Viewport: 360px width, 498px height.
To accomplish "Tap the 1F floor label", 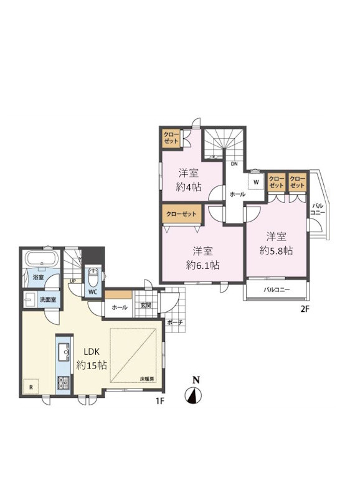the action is pyautogui.click(x=159, y=401).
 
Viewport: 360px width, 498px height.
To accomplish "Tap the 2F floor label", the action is pyautogui.click(x=305, y=309).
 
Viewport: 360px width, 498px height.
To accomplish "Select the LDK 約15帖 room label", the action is pyautogui.click(x=92, y=359).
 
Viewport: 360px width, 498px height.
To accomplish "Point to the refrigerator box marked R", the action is pyautogui.click(x=31, y=387).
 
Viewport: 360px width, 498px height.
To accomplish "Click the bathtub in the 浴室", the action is pyautogui.click(x=42, y=259).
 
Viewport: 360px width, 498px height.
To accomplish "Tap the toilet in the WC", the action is pyautogui.click(x=93, y=278).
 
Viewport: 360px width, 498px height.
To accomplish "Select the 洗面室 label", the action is pyautogui.click(x=48, y=299).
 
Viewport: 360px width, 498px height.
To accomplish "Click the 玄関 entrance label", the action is pyautogui.click(x=146, y=305).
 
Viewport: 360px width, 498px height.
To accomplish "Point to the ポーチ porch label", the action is pyautogui.click(x=175, y=322).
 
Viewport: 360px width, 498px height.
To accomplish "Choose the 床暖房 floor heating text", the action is pyautogui.click(x=147, y=378).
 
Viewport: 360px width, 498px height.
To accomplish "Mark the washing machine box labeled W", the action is pyautogui.click(x=256, y=182).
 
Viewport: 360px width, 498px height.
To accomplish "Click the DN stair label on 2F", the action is pyautogui.click(x=234, y=164).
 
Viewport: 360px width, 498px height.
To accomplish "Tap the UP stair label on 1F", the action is pyautogui.click(x=73, y=281).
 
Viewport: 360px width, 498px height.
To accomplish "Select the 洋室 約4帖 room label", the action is pyautogui.click(x=189, y=180).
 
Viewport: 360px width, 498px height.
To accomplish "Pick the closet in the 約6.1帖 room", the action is pyautogui.click(x=181, y=214).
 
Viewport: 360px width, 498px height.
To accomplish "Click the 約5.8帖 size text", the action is pyautogui.click(x=276, y=251).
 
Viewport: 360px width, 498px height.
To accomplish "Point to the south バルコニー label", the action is pyautogui.click(x=277, y=289).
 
